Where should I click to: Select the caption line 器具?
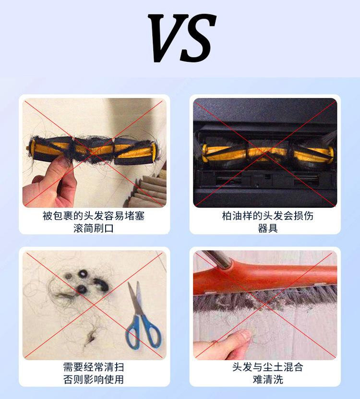click(x=267, y=228)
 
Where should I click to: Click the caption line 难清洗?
click(x=267, y=379)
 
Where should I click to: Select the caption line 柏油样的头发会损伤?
click(x=267, y=216)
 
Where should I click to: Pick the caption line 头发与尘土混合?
click(x=267, y=367)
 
